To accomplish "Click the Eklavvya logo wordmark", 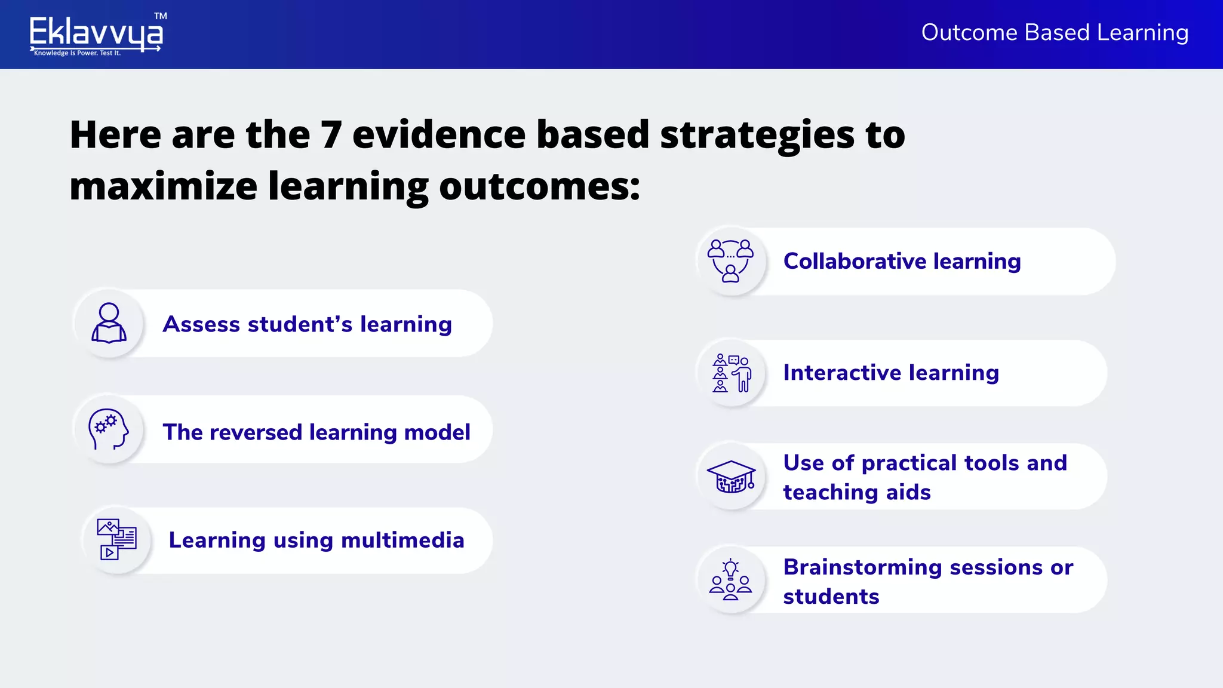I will coord(96,32).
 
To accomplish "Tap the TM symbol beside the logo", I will coord(161,16).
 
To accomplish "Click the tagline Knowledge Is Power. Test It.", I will coord(77,53).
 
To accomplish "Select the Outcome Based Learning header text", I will coord(1055,32).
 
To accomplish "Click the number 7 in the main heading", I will coord(331,134).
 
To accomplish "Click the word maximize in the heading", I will coord(163,186).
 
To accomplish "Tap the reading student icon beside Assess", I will coord(109,323).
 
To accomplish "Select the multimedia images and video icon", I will coord(117,539).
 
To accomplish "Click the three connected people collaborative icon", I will coord(730,260).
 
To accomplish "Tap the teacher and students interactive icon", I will coord(731,373).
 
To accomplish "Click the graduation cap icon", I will coord(731,476).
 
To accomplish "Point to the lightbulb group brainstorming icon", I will coord(730,579).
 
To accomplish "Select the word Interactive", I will coord(842,373).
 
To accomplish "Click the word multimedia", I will coord(402,540).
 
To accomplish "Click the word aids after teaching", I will coord(908,492).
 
